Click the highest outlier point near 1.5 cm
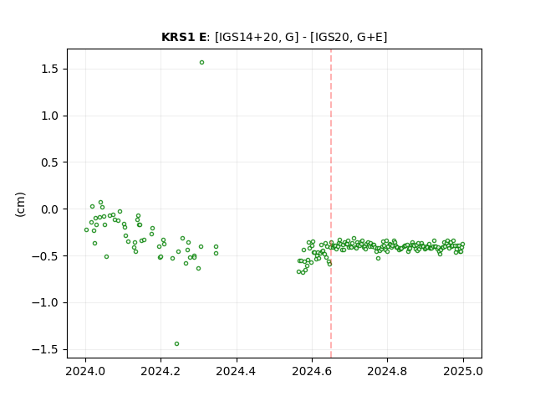(x=202, y=63)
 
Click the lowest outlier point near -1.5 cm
(x=176, y=344)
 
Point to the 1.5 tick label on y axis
(x=50, y=69)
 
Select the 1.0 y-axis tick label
(x=50, y=116)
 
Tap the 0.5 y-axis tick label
(x=50, y=162)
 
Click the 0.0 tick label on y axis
(x=50, y=209)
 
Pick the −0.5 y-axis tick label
(x=45, y=256)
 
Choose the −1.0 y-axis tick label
(x=45, y=303)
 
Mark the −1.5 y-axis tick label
(x=45, y=350)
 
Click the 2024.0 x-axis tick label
(x=85, y=371)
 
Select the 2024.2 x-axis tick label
(x=160, y=371)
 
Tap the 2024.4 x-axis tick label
(x=236, y=371)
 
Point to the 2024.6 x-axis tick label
(x=312, y=371)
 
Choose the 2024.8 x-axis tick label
(x=387, y=371)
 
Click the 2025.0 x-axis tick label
(x=463, y=371)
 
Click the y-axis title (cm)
(x=20, y=204)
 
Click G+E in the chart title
(x=369, y=37)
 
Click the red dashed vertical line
(x=331, y=204)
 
